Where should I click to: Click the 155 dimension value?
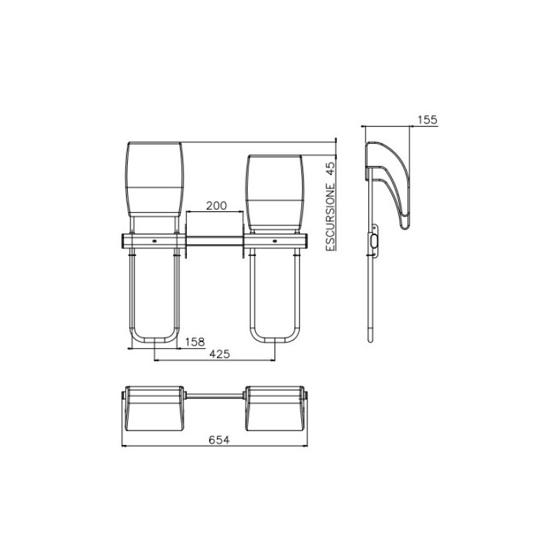coord(427,120)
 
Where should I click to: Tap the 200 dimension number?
coord(216,206)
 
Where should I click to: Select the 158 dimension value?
coord(195,342)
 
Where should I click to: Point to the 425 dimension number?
coord(219,354)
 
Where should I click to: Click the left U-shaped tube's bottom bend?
coord(154,340)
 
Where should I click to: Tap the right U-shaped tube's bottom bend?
coord(276,340)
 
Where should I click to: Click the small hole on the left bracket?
coord(155,241)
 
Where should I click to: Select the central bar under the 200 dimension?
coord(216,241)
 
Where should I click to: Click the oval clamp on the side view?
coord(376,241)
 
